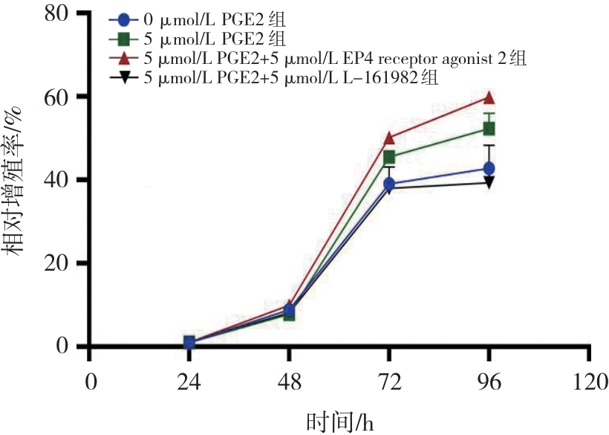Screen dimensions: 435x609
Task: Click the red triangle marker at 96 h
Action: [489, 97]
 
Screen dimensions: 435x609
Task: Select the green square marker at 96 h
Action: [489, 129]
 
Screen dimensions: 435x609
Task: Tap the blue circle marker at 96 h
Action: [489, 169]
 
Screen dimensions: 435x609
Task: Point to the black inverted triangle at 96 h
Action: [489, 183]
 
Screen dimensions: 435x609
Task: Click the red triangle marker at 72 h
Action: [389, 138]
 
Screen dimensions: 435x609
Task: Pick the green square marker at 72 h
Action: [389, 157]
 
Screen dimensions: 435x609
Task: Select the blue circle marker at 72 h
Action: [389, 184]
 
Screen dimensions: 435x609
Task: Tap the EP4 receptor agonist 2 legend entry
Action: [319, 59]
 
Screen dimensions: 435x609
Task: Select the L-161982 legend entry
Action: [275, 78]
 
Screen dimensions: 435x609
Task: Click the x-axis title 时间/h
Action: [339, 422]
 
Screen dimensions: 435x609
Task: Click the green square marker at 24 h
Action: [189, 342]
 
